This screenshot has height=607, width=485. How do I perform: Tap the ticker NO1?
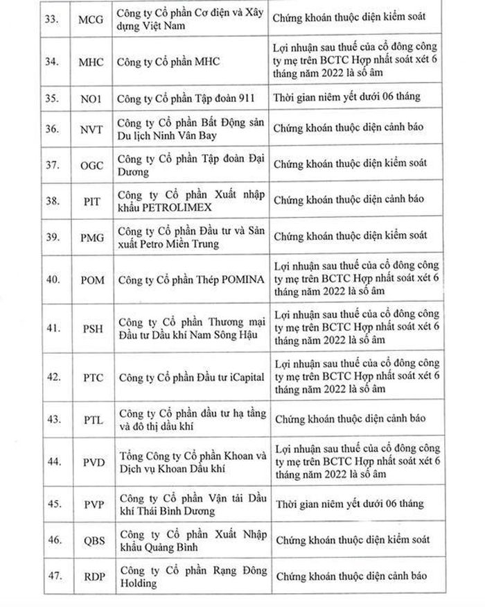(91, 99)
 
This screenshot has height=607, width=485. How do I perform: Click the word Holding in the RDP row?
(138, 583)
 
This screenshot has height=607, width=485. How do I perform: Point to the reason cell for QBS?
(352, 540)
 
